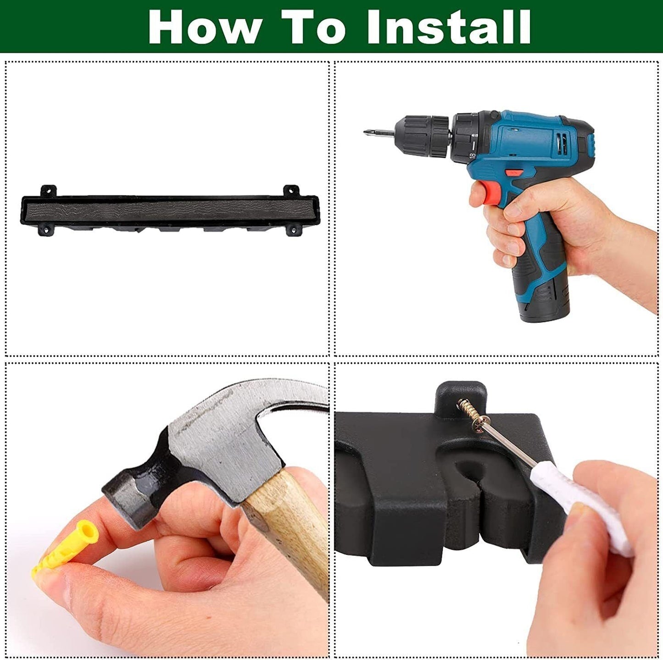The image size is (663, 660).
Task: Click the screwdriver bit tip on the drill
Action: (x=366, y=132)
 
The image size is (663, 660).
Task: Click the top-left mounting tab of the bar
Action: (x=49, y=190)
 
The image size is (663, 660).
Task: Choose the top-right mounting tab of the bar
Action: (x=291, y=190)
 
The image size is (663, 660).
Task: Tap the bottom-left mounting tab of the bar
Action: (x=46, y=229)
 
